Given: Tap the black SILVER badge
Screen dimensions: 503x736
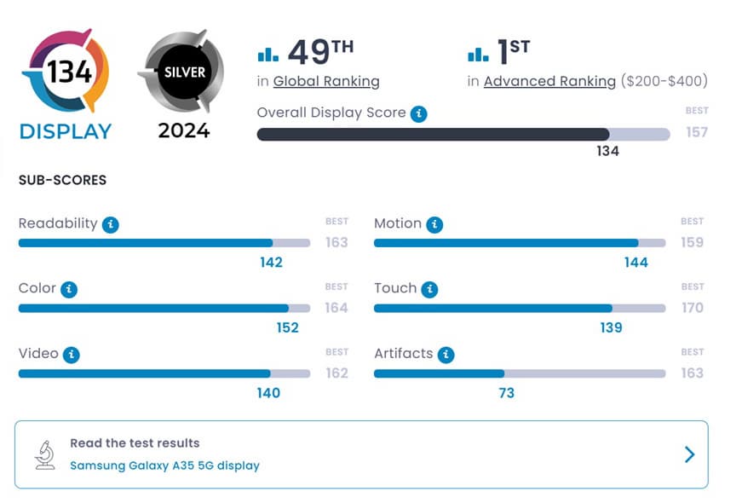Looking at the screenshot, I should tap(181, 72).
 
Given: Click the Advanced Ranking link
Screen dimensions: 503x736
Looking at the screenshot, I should tap(549, 82).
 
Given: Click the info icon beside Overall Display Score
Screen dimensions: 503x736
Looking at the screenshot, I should tap(418, 113).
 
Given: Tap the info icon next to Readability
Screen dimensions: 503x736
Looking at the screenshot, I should tap(110, 225).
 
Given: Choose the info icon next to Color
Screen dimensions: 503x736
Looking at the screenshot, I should tap(69, 290).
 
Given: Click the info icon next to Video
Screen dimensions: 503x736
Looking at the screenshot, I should tap(72, 355).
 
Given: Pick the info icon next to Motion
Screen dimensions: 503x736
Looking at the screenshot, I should tap(434, 225).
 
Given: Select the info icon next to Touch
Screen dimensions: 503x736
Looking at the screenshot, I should tap(429, 290).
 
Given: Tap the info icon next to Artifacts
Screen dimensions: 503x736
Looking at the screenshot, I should tap(446, 355).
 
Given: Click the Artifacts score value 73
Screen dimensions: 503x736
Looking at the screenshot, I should tap(506, 393).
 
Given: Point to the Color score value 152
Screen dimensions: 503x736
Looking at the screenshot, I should tap(287, 328).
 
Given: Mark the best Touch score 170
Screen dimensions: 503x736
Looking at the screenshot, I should tap(692, 307).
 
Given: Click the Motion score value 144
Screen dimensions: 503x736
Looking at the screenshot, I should tap(635, 263).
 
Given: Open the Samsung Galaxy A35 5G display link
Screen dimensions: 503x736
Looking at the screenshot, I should tap(164, 465).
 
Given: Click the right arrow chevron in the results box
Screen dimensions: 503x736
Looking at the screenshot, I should tap(689, 454).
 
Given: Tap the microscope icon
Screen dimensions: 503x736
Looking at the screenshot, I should tap(45, 454).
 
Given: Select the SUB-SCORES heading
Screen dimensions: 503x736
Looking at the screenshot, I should tap(62, 181).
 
